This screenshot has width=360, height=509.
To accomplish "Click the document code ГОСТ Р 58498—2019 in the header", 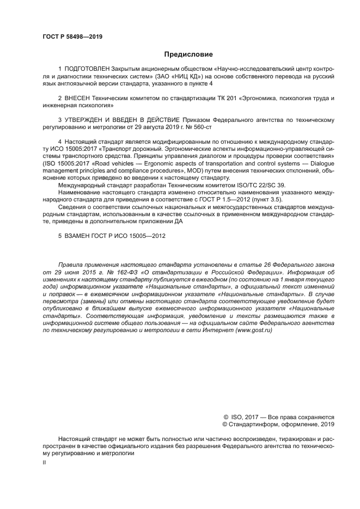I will [72, 36].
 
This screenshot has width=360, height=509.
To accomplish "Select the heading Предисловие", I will [188, 54].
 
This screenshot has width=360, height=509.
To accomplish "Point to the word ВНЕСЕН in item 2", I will [78, 99].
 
